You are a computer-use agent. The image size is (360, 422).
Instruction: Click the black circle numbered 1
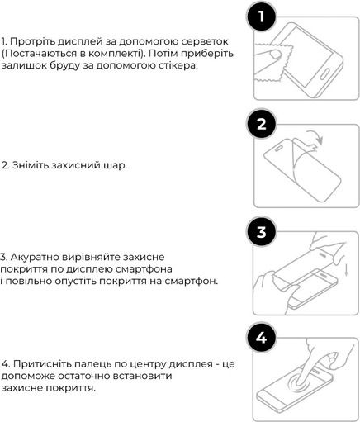(x=261, y=17)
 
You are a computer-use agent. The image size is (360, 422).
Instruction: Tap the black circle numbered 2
(x=261, y=124)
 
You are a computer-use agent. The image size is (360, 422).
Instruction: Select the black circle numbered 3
(x=261, y=232)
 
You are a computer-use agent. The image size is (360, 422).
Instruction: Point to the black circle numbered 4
(x=261, y=338)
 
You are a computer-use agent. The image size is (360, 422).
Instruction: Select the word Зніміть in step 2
(x=31, y=165)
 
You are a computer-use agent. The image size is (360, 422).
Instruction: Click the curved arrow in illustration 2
(x=315, y=137)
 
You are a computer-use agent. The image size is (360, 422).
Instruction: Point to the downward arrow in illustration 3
(x=346, y=270)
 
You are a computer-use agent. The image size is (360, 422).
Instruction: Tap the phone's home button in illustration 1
(x=324, y=74)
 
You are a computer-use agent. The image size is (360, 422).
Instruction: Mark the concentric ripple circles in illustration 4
(x=298, y=382)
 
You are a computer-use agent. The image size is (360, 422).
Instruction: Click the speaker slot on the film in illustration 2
(x=279, y=149)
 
